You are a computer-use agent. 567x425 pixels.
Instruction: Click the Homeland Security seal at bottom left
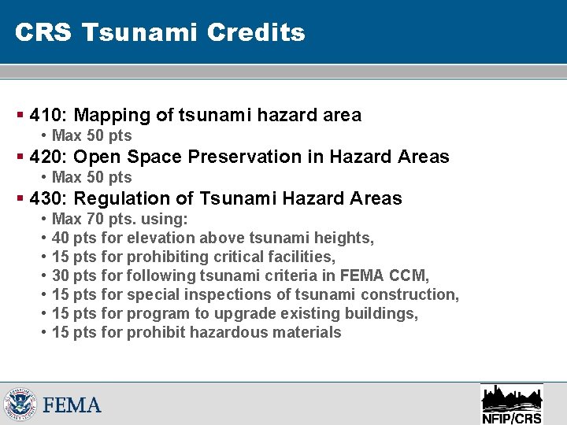pos(19,404)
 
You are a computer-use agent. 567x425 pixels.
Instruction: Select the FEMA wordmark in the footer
pos(72,405)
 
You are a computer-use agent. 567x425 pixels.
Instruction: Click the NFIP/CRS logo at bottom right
pos(511,404)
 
